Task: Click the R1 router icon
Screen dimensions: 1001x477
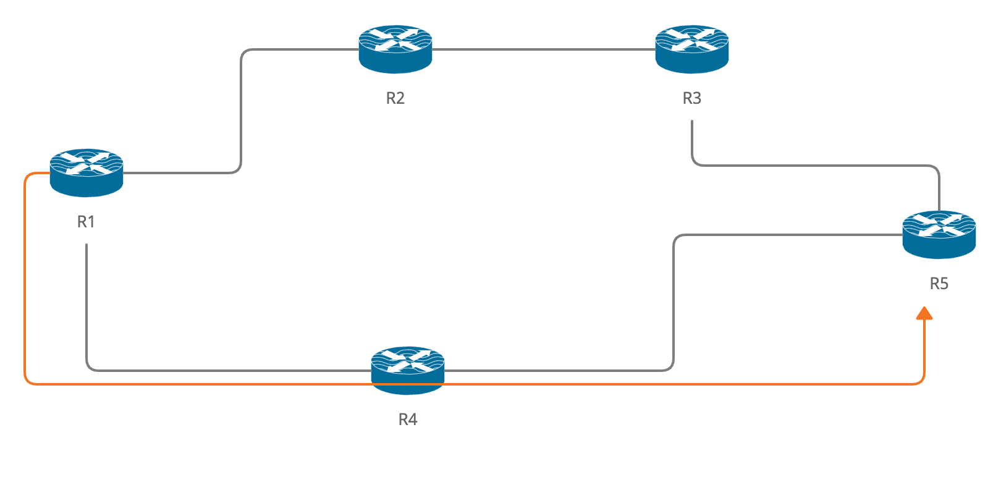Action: point(87,172)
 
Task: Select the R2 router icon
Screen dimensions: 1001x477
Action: point(395,49)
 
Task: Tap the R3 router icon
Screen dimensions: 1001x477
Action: point(692,49)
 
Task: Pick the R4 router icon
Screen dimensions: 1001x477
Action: point(408,370)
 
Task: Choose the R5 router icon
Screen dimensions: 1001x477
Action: point(939,235)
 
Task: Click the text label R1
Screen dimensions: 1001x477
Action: point(86,222)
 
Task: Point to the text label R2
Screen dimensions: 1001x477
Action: point(395,98)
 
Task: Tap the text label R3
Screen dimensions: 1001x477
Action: point(692,98)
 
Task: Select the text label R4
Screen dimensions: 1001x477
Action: point(408,420)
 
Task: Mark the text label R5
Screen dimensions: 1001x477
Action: point(939,284)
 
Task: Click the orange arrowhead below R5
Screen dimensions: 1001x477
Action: point(924,313)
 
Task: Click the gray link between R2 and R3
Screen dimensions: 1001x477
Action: point(543,49)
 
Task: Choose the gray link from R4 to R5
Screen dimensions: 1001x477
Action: point(674,304)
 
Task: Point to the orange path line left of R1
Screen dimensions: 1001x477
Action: point(25,277)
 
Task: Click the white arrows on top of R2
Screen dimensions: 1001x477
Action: point(395,40)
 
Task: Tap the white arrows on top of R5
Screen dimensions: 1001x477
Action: point(939,225)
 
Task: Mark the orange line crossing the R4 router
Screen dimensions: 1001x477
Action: point(408,384)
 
